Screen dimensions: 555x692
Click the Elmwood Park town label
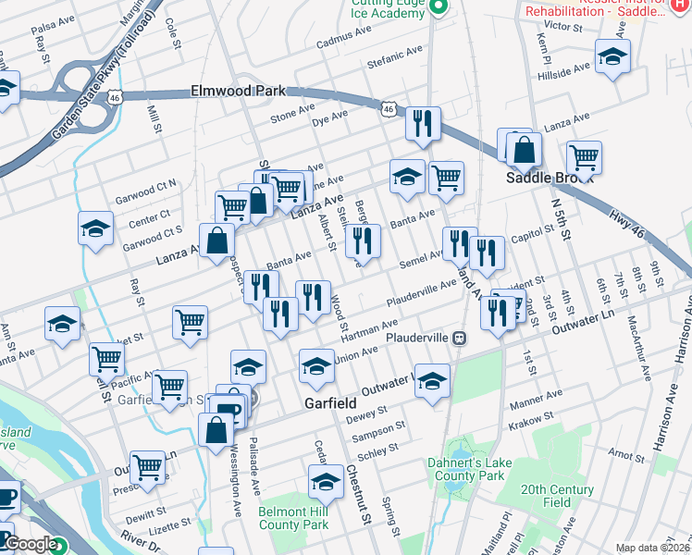point(238,92)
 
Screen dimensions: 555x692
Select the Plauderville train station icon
point(459,338)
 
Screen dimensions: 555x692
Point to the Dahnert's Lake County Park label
point(465,468)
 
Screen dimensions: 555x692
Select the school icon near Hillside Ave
point(612,56)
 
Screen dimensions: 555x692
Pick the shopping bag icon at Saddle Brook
point(524,149)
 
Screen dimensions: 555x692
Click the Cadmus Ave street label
point(342,43)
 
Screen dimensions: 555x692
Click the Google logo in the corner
point(31,545)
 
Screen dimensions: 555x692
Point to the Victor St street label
point(562,27)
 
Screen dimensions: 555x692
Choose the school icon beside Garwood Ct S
point(94,230)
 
